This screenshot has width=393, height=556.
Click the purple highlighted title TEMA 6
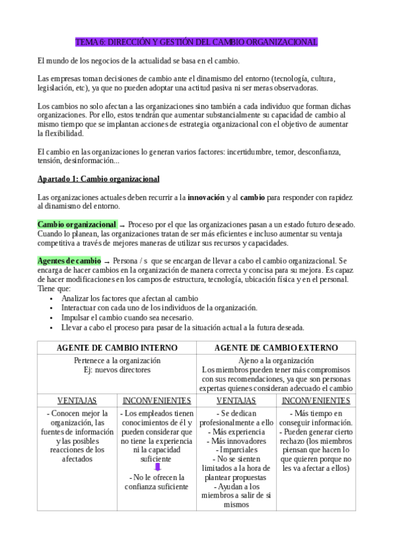coord(196,42)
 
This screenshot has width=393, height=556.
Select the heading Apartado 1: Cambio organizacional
coord(98,179)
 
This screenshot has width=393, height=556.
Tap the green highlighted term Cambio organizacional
coord(77,224)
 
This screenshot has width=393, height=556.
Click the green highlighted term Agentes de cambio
coord(70,261)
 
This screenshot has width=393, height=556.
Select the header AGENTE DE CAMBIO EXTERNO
coord(276,347)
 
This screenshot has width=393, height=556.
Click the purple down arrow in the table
coord(157,467)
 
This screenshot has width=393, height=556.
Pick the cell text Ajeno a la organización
coord(276,361)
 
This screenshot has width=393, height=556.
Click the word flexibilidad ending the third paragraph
coord(60,133)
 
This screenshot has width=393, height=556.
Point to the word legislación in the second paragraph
coord(57,87)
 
